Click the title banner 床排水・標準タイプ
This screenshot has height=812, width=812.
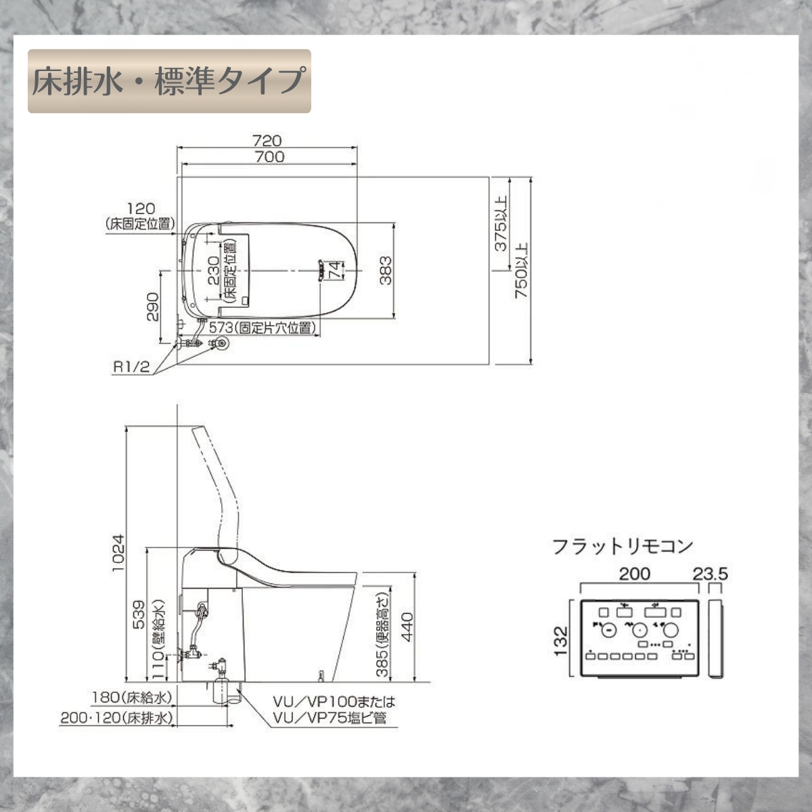tap(169, 81)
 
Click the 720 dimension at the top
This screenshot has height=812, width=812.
tap(267, 141)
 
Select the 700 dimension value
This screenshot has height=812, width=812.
tap(270, 157)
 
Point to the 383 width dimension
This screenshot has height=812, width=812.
tap(385, 270)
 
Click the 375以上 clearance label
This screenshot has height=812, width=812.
tap(501, 224)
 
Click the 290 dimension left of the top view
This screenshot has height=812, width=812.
tap(152, 306)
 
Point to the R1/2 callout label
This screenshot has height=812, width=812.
tap(131, 367)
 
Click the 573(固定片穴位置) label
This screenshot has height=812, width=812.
tap(263, 328)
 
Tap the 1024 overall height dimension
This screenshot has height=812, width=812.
tap(118, 554)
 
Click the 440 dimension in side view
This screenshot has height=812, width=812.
tap(407, 628)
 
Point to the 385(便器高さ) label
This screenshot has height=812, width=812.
tap(382, 635)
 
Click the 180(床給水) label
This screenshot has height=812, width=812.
tap(133, 697)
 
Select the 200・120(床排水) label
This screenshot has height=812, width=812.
tap(116, 717)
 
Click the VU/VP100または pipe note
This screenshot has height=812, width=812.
tap(334, 702)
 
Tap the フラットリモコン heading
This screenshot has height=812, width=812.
tap(623, 545)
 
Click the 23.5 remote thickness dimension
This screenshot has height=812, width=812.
tap(710, 574)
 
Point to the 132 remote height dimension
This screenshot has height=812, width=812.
tap(561, 639)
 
